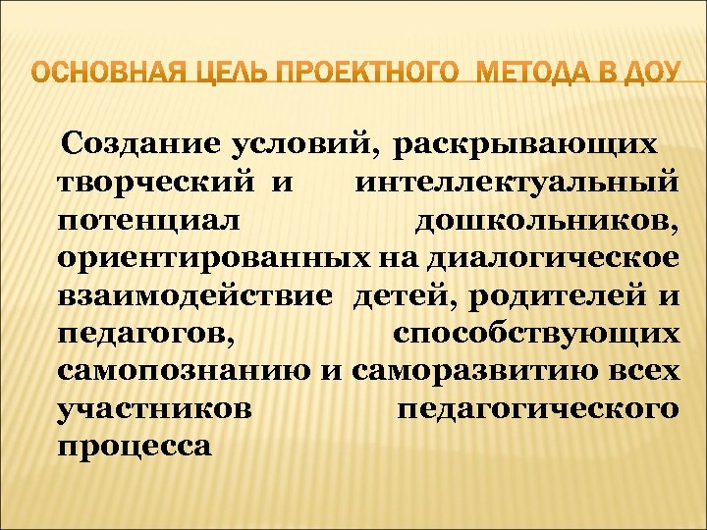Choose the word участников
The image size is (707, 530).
coord(152,407)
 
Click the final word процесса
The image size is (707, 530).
coord(135,445)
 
